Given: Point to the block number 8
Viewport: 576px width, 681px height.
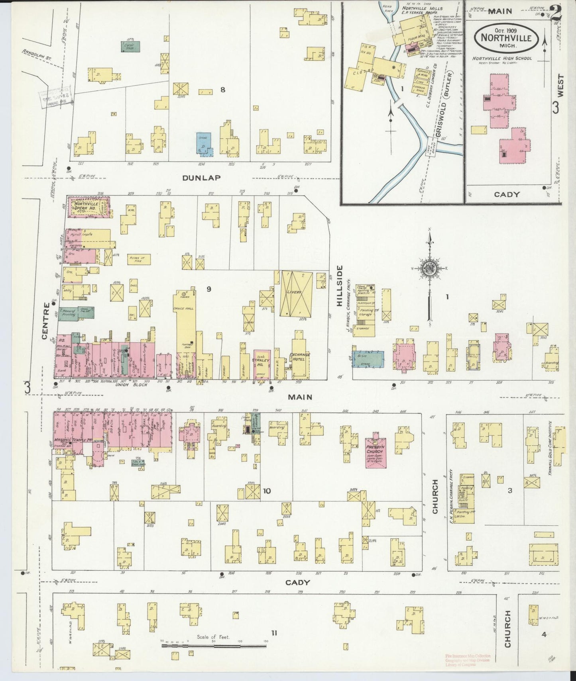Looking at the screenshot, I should [222, 90].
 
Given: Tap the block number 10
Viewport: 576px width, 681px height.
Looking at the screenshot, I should [267, 491].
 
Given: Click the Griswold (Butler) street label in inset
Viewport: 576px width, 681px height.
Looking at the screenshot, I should [446, 108].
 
